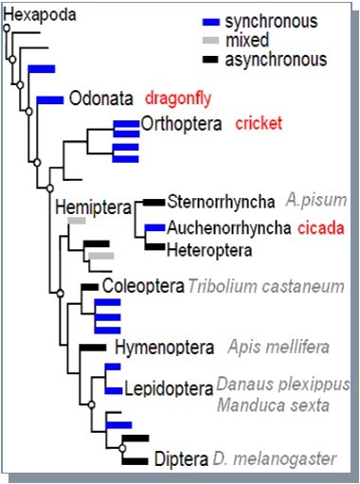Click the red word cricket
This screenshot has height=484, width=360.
[259, 123]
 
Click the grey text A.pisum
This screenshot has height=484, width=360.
[317, 201]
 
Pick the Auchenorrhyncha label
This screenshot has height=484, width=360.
[228, 228]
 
